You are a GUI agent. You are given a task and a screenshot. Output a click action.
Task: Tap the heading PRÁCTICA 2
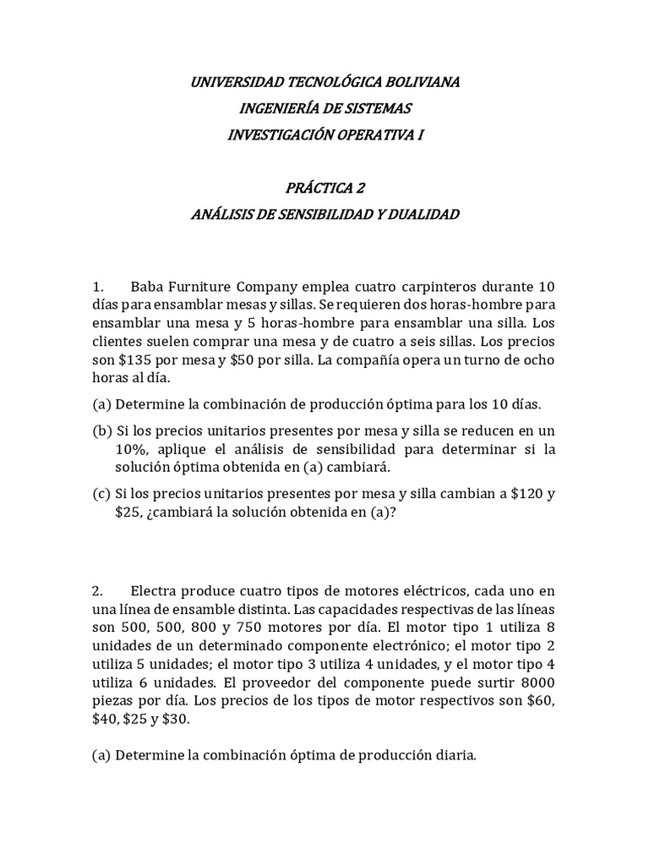point(325,188)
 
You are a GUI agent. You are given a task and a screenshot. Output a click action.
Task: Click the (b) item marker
point(101,430)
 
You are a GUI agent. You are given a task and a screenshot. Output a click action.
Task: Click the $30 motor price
point(175,721)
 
